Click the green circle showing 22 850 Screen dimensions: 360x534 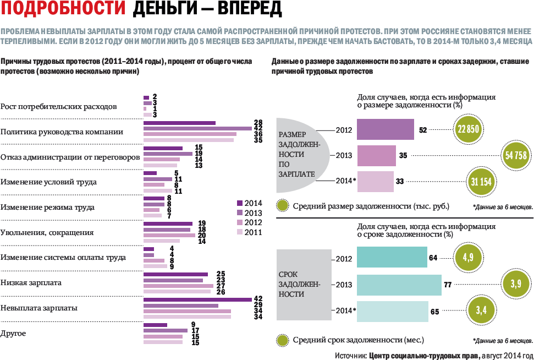[x=469, y=130]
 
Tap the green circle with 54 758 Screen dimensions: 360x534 [x=516, y=156]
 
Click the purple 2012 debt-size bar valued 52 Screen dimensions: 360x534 [x=386, y=130]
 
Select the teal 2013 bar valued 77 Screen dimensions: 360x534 [x=399, y=285]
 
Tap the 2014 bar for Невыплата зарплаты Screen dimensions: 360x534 [x=197, y=299]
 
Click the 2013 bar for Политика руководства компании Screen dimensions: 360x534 [x=197, y=128]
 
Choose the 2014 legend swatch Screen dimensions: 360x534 [x=239, y=203]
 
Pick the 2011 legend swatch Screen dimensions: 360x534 [x=239, y=232]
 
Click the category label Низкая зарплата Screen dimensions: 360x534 [x=31, y=283]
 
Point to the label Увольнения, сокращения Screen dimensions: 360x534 [x=47, y=233]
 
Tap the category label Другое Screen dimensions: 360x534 [x=14, y=334]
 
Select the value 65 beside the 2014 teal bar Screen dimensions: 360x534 [x=434, y=312]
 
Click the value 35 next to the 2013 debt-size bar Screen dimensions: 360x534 [x=403, y=156]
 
